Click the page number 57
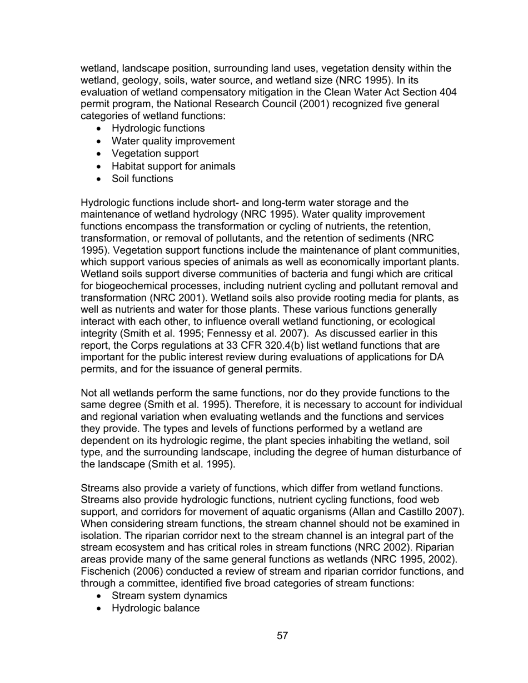coord(282,636)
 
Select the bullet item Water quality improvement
coord(173,141)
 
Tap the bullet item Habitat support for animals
coord(173,166)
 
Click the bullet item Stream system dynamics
coord(169,596)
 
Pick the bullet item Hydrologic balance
coord(155,608)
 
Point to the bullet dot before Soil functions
coord(99,179)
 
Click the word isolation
coord(102,535)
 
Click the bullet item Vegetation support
coord(155,153)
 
